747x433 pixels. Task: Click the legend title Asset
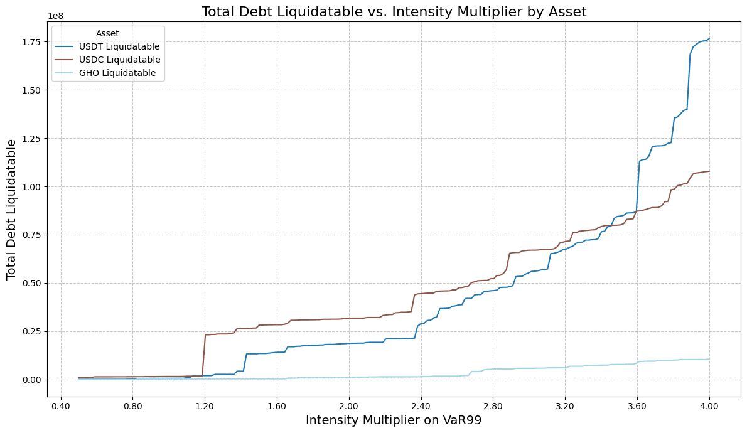[108, 33]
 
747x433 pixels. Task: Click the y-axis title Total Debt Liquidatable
[11, 210]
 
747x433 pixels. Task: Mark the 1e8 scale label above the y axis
[55, 16]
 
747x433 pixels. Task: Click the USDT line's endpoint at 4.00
[709, 39]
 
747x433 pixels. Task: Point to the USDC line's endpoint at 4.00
[709, 171]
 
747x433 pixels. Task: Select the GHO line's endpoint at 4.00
[709, 359]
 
